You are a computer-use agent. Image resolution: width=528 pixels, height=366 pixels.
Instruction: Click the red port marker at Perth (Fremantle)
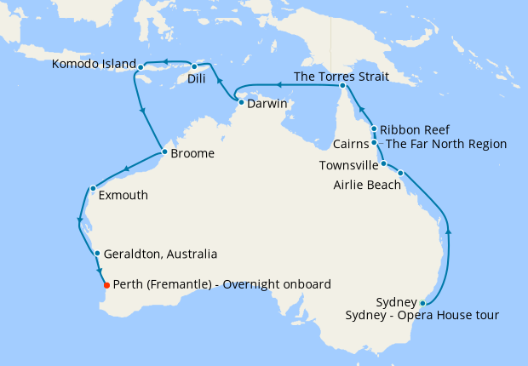tap(106, 285)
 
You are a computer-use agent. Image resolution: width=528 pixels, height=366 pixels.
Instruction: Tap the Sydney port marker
tap(422, 303)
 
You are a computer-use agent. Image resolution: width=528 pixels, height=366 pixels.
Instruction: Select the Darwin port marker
tap(240, 103)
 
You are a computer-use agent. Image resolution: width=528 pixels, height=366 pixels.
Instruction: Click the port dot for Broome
tap(164, 153)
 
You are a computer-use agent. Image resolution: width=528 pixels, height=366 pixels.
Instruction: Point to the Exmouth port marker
tap(92, 188)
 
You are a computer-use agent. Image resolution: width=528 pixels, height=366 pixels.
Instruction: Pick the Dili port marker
tap(194, 66)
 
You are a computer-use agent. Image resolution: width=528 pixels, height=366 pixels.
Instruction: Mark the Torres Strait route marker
tap(341, 86)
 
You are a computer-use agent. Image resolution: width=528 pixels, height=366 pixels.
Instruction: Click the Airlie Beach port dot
tap(400, 173)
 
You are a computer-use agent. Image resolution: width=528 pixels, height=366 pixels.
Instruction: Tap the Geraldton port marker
tap(98, 253)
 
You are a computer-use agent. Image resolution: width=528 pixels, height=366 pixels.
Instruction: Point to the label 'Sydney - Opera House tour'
tap(422, 317)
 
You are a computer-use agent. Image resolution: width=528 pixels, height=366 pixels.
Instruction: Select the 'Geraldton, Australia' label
tap(162, 254)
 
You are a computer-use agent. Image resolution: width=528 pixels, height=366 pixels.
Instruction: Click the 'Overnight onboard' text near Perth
tap(277, 284)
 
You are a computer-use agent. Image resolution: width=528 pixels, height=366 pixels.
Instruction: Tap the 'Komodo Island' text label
tap(94, 64)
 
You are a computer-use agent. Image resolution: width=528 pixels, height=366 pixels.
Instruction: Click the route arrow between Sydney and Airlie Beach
tap(449, 230)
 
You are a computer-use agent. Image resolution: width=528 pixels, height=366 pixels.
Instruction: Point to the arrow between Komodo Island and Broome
tap(141, 109)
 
